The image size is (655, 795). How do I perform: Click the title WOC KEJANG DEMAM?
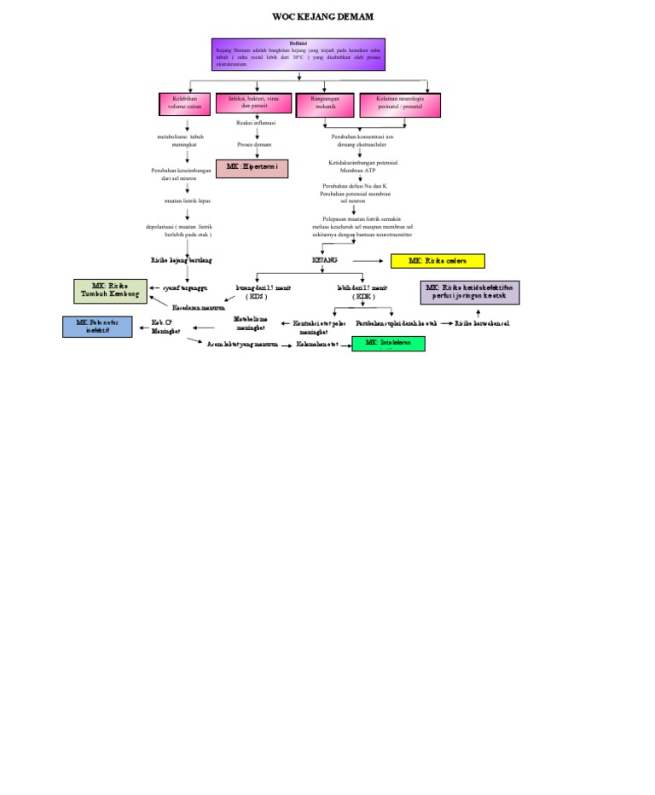322,17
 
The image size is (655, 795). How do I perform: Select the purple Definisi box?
299,54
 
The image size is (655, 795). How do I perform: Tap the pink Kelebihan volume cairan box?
184,103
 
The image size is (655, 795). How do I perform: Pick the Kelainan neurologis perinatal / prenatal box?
400,103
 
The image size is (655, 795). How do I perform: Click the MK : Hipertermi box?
252,168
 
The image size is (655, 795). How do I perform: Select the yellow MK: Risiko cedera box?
438,261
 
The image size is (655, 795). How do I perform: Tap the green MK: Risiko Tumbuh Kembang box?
110,291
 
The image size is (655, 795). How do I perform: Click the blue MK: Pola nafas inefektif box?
97,327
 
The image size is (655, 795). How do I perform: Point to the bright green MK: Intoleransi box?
388,344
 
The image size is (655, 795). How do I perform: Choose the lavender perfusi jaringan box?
469,292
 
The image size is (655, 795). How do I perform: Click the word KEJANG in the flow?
325,259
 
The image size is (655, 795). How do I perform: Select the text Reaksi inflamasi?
256,124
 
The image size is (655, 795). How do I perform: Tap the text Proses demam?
255,145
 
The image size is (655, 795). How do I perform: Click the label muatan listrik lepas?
188,201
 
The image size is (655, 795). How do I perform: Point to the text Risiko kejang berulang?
182,259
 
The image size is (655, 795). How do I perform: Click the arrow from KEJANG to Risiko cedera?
368,260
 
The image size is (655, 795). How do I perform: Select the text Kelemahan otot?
317,344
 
